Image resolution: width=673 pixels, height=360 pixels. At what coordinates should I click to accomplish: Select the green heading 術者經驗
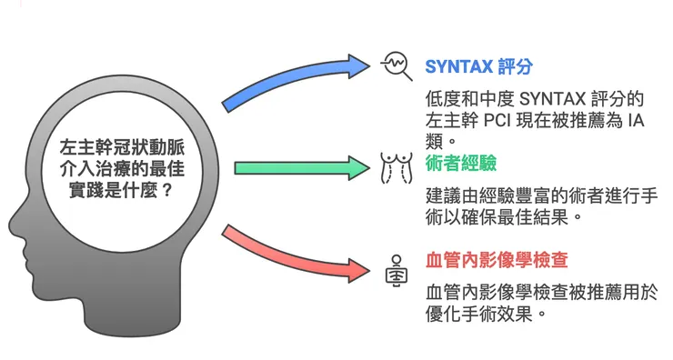tap(460, 164)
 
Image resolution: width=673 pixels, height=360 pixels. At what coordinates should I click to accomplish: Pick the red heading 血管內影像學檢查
tap(497, 261)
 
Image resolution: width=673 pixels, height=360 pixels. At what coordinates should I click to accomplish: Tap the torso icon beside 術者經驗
tap(395, 167)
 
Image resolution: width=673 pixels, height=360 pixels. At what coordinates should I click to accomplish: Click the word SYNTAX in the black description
tap(545, 98)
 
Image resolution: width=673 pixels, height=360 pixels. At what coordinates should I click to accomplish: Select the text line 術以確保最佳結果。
tap(504, 219)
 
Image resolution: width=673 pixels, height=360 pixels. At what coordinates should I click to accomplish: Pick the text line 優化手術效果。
tap(486, 315)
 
